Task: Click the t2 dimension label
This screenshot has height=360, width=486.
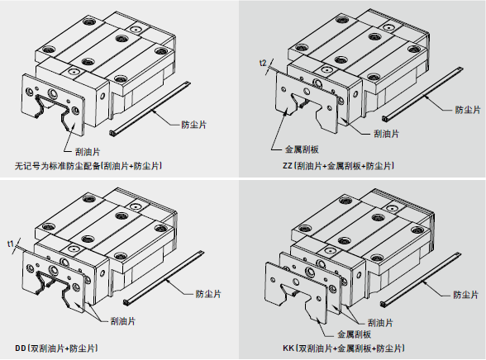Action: click(x=263, y=63)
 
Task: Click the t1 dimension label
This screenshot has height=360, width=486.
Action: click(x=11, y=244)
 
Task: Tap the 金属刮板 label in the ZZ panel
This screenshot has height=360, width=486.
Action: click(x=302, y=149)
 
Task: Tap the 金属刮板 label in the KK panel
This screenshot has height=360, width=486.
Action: click(x=354, y=334)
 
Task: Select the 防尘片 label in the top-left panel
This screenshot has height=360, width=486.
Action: click(x=193, y=125)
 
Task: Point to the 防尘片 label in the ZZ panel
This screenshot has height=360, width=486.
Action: click(x=468, y=110)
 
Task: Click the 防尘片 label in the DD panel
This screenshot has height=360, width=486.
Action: click(x=208, y=294)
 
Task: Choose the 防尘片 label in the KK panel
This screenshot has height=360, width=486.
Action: click(x=466, y=295)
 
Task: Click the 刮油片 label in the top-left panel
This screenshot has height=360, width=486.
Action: click(x=88, y=152)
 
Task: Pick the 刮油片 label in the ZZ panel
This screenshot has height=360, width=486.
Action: click(x=387, y=134)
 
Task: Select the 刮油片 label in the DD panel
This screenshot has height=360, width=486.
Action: click(x=123, y=321)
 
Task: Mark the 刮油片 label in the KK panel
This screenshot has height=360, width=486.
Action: click(x=380, y=323)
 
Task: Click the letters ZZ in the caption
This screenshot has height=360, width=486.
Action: click(x=288, y=166)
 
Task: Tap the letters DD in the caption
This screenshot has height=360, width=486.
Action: click(x=20, y=348)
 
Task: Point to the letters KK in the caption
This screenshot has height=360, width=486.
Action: click(x=288, y=348)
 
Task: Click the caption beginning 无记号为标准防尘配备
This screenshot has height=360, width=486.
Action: click(x=88, y=166)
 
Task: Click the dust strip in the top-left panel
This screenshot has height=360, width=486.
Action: click(x=150, y=109)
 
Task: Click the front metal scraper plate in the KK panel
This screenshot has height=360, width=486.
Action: click(x=296, y=292)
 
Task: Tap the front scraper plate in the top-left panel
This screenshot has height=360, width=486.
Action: click(x=53, y=104)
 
